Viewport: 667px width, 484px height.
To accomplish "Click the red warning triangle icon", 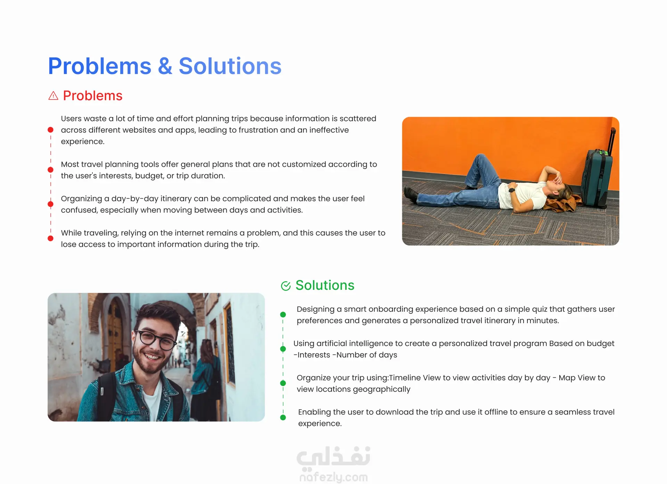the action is coord(53,96).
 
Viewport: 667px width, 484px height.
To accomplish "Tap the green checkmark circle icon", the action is coord(286,286).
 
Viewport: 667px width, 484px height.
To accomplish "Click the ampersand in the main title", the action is coord(165,66).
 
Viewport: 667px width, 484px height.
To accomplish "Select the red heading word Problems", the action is coord(93,96).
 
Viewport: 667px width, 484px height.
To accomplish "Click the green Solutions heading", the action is coord(325,285).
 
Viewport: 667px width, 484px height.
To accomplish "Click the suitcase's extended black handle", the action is coord(611,141).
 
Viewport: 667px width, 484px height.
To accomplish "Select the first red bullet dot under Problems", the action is coord(50,130).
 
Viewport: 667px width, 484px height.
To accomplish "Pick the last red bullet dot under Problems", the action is coord(50,238).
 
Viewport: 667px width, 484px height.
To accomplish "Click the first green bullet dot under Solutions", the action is coord(283,314).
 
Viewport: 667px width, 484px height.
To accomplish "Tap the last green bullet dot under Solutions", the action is coord(283,418).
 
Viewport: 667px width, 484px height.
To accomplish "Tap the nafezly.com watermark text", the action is coord(333,477).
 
